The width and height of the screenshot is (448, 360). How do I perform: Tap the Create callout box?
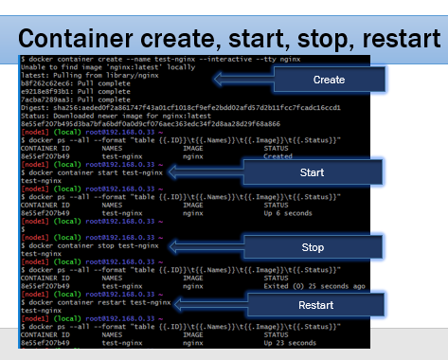point(327,81)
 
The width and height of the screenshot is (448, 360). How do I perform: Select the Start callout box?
point(311,173)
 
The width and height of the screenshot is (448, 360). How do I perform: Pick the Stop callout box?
point(312,246)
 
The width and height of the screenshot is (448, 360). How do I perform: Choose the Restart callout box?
point(314,306)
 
